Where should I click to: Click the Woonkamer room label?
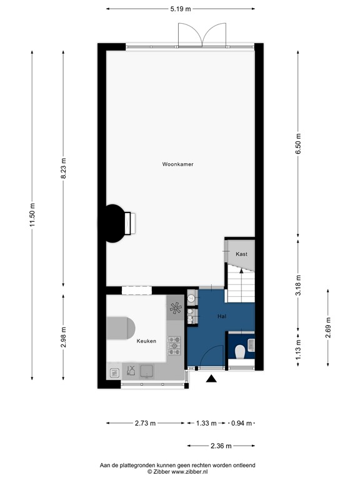coord(177,164)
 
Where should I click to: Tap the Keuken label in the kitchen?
coord(146,341)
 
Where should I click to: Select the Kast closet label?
coord(241,254)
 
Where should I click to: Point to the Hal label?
coord(221,317)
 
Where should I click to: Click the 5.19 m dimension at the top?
coord(180,9)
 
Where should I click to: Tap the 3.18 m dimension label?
coord(298,284)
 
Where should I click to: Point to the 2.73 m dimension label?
coord(146,423)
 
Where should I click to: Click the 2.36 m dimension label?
coord(221,446)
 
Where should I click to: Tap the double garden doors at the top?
coord(201,35)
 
